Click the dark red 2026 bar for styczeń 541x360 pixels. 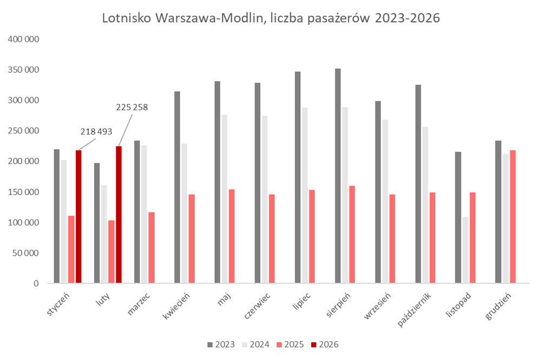tap(78, 216)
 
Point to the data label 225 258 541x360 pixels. tap(132, 107)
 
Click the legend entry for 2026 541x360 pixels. tap(324, 344)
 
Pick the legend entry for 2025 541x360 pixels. tap(289, 344)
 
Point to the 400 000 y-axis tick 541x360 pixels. tap(23, 39)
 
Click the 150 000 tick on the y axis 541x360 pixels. tap(23, 192)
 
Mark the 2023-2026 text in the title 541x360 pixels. tap(405, 18)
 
